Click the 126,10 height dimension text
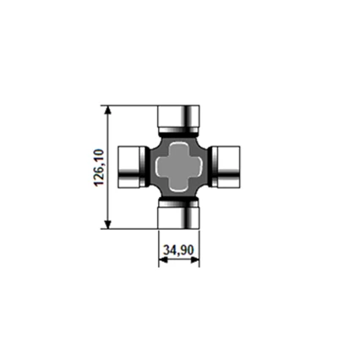[99, 167]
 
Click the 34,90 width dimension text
[178, 250]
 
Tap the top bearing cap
[178, 117]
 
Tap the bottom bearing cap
[178, 218]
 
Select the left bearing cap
[128, 167]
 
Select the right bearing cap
[229, 167]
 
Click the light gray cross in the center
[179, 167]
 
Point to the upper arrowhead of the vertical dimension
[107, 110]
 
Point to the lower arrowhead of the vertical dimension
[107, 225]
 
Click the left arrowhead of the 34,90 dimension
[163, 260]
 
